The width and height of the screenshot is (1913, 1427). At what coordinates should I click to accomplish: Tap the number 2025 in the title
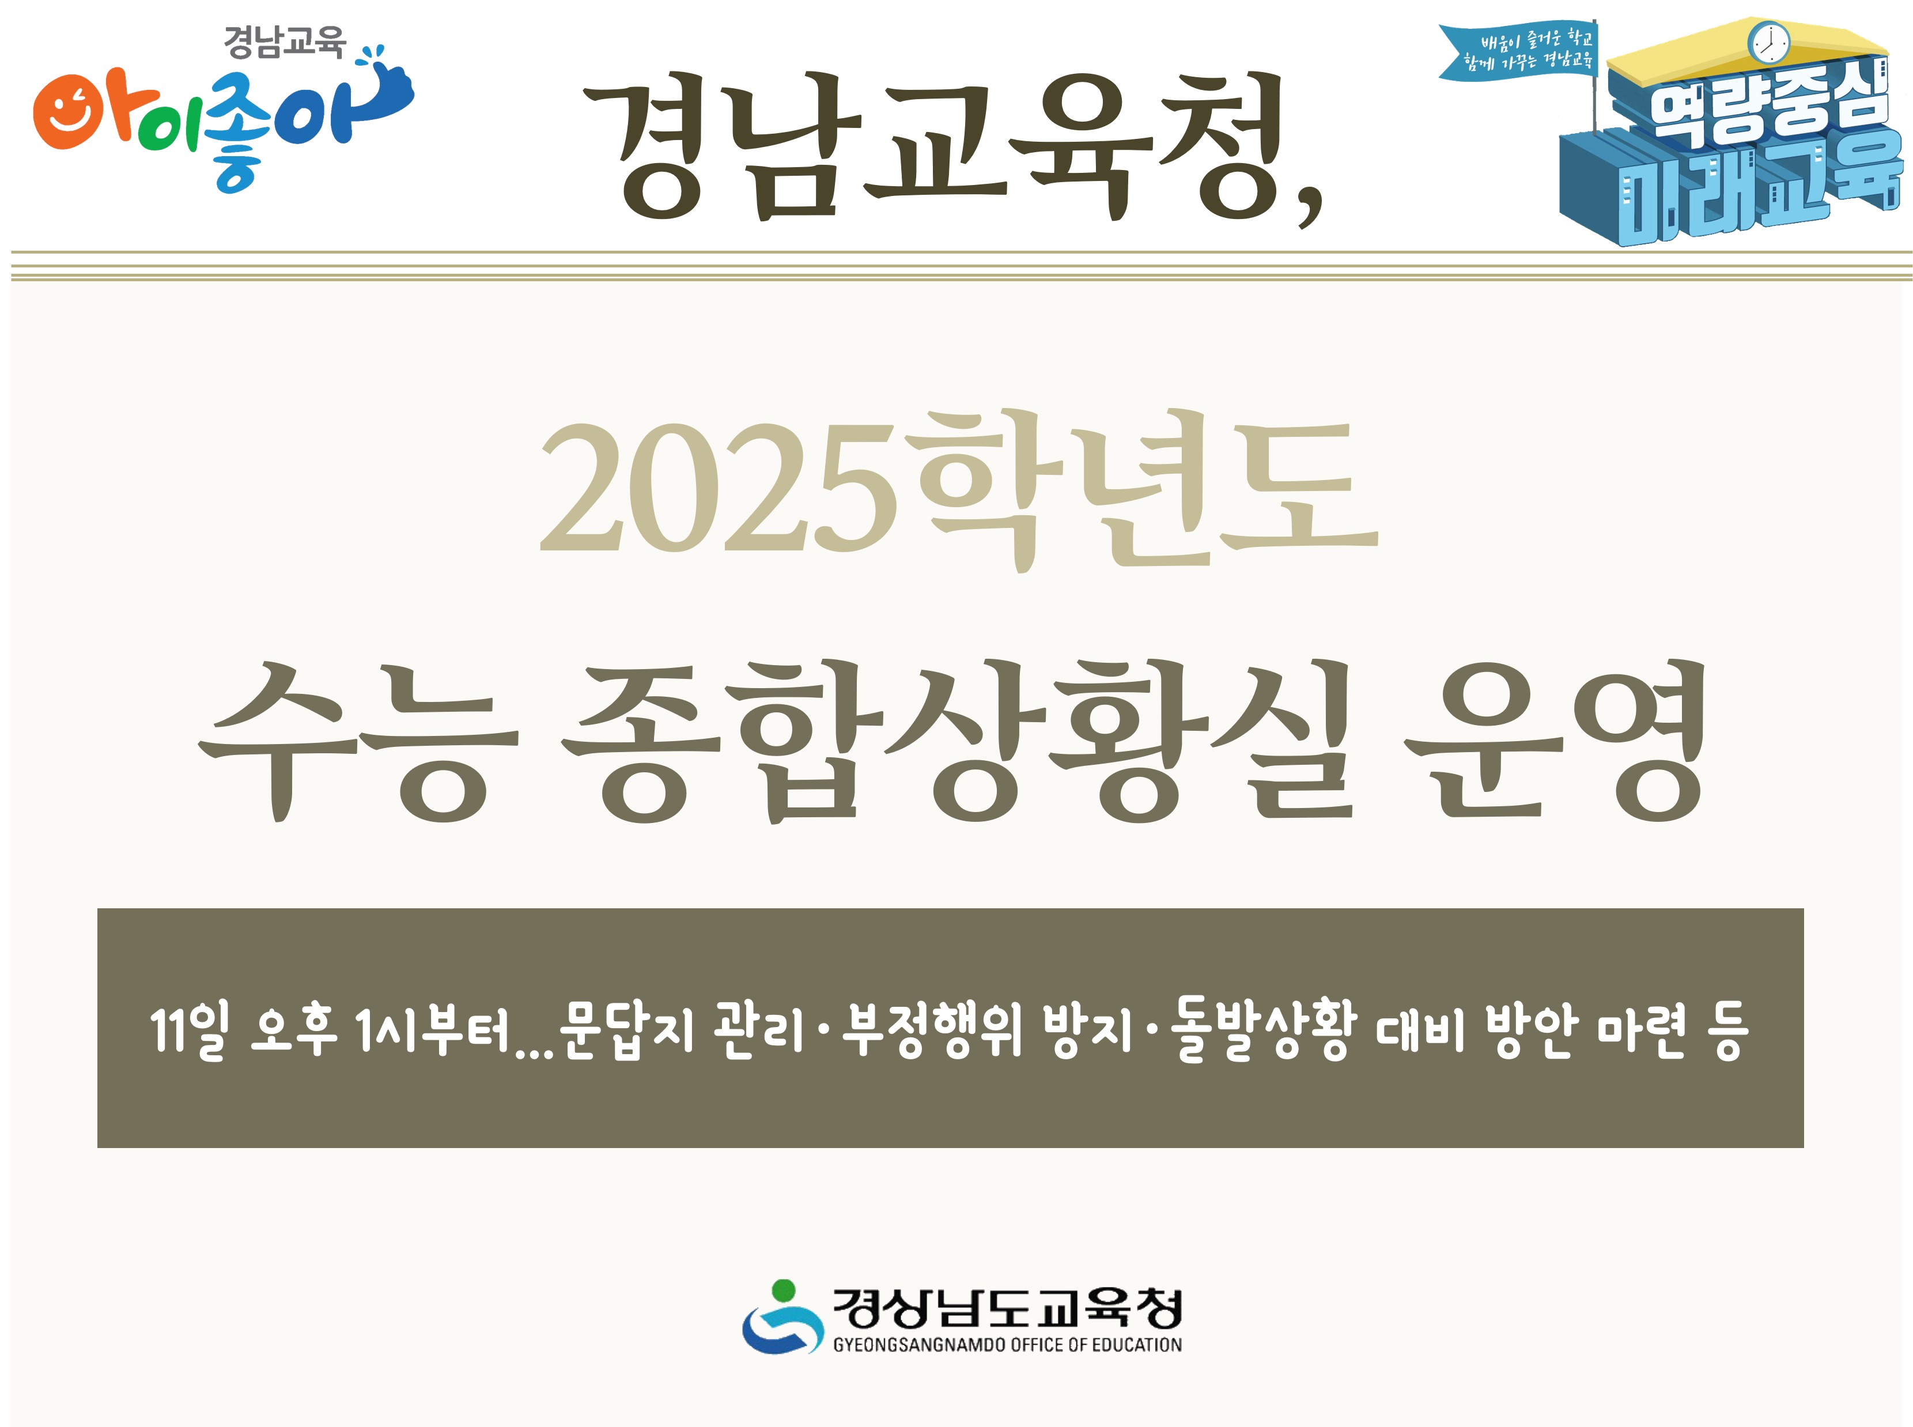tap(716, 489)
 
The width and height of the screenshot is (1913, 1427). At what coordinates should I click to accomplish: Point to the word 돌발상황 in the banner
tap(1260, 1030)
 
